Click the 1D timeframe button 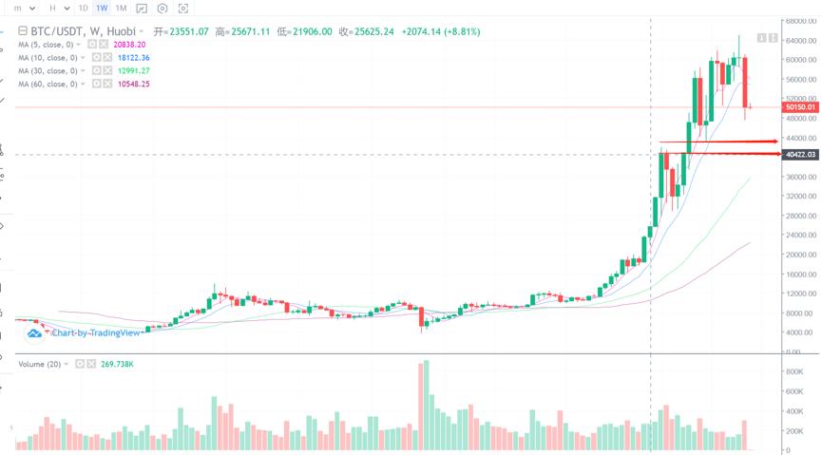(x=83, y=9)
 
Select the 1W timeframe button (x=102, y=9)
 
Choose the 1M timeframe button (x=121, y=9)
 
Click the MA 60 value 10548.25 (x=133, y=85)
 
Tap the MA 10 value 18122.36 (x=133, y=57)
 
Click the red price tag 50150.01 (x=800, y=108)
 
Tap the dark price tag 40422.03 (x=800, y=155)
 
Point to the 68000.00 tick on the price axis (x=800, y=20)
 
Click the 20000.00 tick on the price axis (x=800, y=255)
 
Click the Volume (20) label (x=40, y=364)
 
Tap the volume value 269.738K (x=118, y=364)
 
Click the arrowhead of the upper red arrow (x=774, y=142)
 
